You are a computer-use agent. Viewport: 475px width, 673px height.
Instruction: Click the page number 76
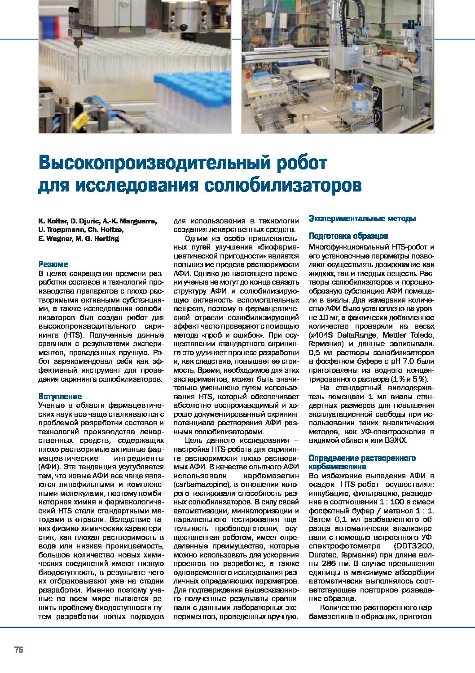pos(18,650)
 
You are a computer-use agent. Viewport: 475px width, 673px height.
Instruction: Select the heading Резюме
pos(53,264)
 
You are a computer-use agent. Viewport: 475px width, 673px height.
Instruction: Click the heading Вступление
pos(60,396)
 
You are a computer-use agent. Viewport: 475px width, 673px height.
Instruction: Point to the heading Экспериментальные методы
pos(362,218)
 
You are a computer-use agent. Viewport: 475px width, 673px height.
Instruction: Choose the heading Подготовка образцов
pos(348,236)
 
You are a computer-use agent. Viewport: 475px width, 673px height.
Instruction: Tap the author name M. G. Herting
pos(97,239)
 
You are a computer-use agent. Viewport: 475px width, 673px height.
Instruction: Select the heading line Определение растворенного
pos(362,458)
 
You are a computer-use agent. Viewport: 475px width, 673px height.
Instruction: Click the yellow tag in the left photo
pos(80,121)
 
